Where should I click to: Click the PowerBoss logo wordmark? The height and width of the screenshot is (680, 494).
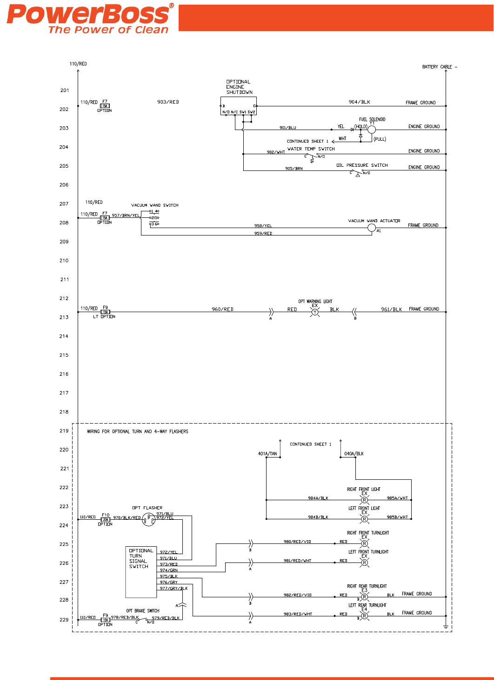(x=88, y=15)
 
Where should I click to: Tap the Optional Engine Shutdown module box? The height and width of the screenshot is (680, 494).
(x=238, y=106)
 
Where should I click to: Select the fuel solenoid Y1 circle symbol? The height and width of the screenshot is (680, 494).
(x=372, y=130)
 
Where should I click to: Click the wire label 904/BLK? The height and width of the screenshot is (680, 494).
(x=359, y=102)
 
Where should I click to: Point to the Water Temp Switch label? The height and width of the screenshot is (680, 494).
(x=311, y=149)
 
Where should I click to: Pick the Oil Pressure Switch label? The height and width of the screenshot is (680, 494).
(x=362, y=165)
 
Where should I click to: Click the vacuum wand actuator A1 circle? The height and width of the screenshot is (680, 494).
(x=372, y=228)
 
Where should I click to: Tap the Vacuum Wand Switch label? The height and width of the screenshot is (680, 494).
(x=154, y=205)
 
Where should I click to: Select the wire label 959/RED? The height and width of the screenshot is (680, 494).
(x=263, y=234)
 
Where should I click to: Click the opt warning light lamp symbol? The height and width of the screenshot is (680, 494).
(x=315, y=312)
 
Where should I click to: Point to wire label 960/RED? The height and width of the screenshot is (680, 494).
(x=222, y=309)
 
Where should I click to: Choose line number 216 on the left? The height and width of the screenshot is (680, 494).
(x=64, y=374)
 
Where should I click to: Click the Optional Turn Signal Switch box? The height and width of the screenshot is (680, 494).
(x=141, y=572)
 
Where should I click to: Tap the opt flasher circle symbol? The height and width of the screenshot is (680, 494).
(x=148, y=519)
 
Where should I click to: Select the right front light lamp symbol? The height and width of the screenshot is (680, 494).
(x=364, y=500)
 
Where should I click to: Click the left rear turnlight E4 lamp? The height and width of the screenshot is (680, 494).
(x=364, y=616)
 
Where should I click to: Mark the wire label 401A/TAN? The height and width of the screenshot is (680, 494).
(x=267, y=454)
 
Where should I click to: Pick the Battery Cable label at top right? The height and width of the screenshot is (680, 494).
(x=437, y=67)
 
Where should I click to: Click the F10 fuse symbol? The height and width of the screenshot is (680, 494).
(x=106, y=520)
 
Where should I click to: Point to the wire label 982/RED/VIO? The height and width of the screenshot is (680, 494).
(x=297, y=595)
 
